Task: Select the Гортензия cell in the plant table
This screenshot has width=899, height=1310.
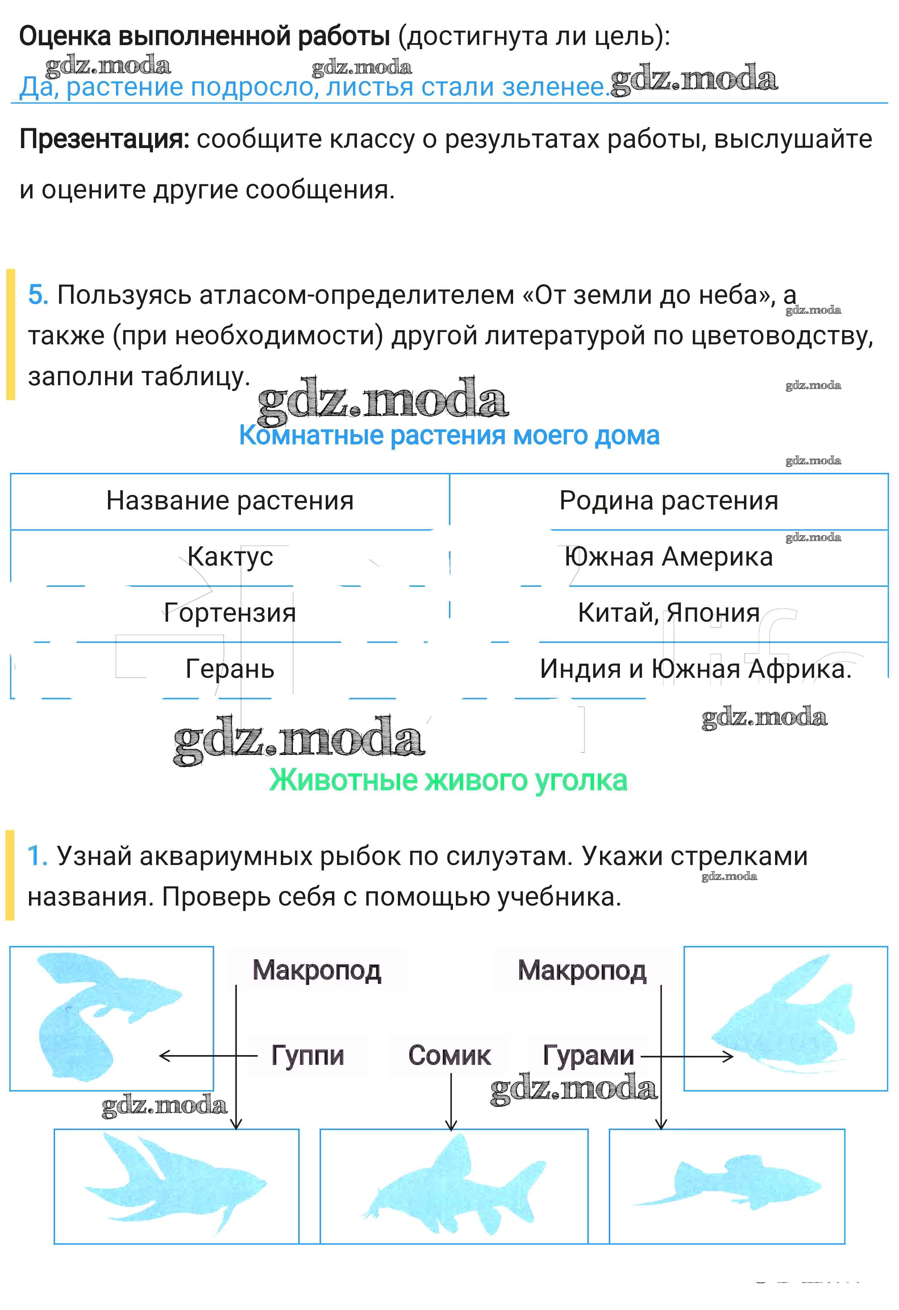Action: [x=230, y=613]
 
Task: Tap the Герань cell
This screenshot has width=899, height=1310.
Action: [x=230, y=669]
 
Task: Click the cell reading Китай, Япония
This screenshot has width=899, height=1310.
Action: [x=669, y=613]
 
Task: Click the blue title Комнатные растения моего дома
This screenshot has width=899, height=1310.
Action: [x=449, y=436]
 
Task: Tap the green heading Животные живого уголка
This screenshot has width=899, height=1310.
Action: [x=448, y=781]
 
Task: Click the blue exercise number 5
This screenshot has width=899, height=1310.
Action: [x=38, y=295]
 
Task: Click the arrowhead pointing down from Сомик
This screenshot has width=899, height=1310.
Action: [x=451, y=1124]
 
